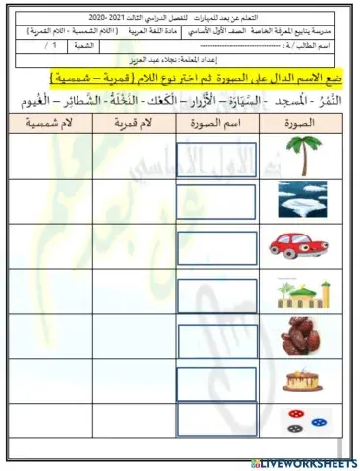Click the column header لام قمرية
tap(131, 123)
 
